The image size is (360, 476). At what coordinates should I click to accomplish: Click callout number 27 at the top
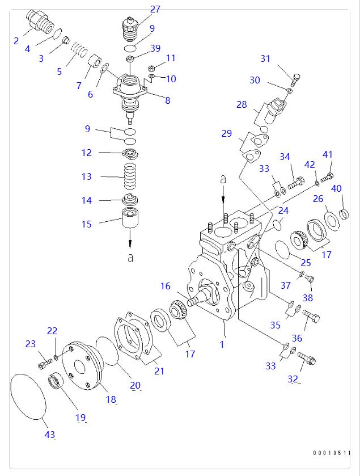(x=155, y=9)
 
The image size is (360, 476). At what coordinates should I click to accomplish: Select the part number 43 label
(x=50, y=435)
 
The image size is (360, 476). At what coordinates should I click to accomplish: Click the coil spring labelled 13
(x=130, y=177)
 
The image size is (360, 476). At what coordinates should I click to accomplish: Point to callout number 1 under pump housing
(x=222, y=344)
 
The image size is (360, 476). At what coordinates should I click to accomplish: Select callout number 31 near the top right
(x=266, y=58)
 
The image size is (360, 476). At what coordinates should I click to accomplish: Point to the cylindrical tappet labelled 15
(x=131, y=218)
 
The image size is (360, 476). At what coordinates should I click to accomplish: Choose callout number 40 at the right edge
(x=336, y=188)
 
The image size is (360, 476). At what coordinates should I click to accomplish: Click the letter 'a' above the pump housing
(x=223, y=179)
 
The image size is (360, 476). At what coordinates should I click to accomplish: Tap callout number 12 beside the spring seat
(x=86, y=153)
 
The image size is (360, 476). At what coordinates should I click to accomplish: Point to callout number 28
(x=242, y=105)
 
